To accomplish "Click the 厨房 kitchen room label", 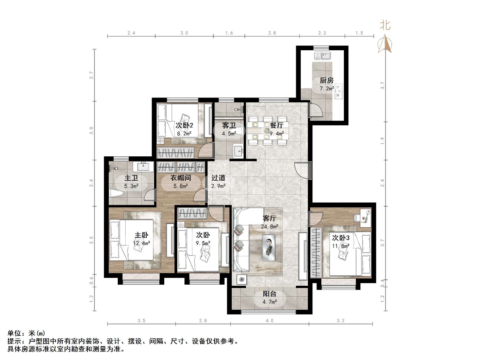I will click(326, 80).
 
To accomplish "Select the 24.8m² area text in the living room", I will click(270, 226).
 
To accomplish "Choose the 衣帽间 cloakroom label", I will click(181, 178).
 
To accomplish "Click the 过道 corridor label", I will click(218, 178).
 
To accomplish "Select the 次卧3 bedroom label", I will click(340, 238).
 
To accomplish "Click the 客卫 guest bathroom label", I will click(229, 125).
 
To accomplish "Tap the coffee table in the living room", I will click(269, 247).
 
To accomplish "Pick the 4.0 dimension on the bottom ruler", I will click(269, 321).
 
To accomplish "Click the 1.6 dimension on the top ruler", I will click(229, 33).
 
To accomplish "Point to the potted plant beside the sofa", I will click(240, 279).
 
